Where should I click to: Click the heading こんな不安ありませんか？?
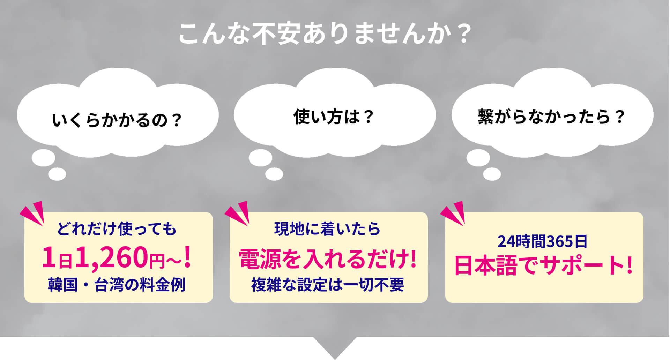tap(325, 34)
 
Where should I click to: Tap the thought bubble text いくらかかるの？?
tap(117, 120)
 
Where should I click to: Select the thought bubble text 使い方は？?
tap(334, 117)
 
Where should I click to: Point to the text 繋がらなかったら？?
tap(551, 117)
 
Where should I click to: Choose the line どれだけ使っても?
tap(117, 229)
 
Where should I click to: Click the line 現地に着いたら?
tap(327, 229)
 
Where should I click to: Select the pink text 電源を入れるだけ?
tap(328, 259)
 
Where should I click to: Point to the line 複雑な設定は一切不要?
tap(328, 285)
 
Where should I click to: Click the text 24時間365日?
tap(542, 241)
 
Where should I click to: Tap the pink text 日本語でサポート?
tap(543, 266)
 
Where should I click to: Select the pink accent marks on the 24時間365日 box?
tap(454, 213)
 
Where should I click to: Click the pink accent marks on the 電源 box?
tap(238, 213)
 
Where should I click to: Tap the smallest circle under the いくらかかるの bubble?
tap(57, 174)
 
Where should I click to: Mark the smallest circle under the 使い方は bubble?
tap(274, 174)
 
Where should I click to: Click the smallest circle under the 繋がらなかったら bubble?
tap(492, 174)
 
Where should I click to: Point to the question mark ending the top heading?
tap(464, 34)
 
